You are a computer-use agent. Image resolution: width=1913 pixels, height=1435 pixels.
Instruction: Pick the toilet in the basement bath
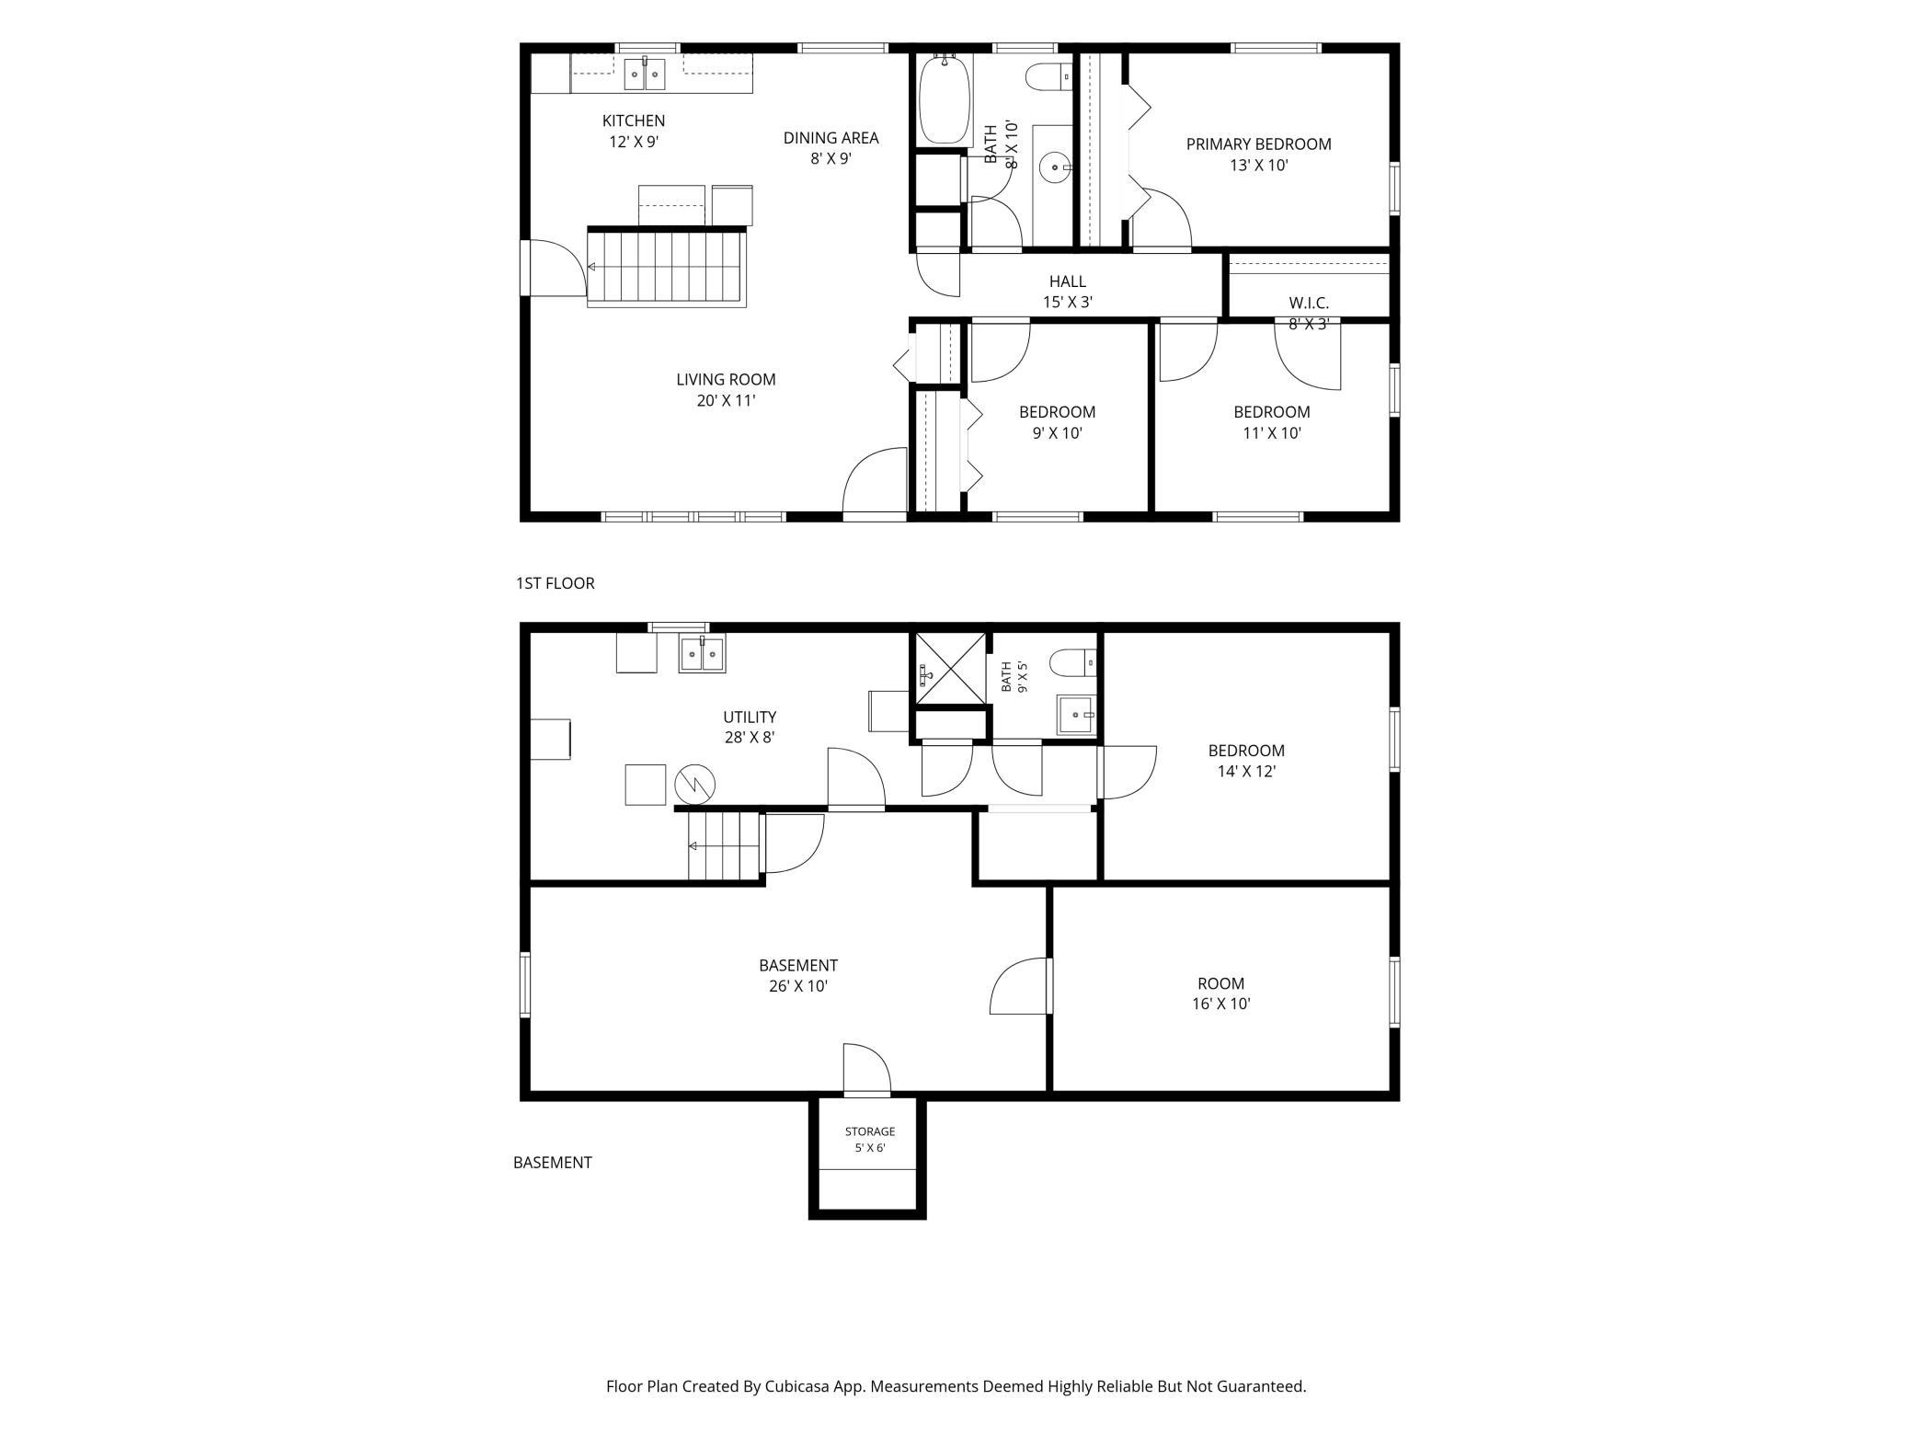tap(1073, 660)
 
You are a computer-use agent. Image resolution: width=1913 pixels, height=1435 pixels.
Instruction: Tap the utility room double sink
tap(703, 653)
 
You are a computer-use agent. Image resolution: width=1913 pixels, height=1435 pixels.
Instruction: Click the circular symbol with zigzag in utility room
tap(694, 785)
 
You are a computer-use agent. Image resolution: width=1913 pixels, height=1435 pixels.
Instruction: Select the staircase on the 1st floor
tap(666, 267)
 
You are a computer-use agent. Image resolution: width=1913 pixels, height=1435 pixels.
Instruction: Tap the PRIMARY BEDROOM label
tap(1258, 144)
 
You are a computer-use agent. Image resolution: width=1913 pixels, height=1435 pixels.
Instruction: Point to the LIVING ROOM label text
tap(726, 379)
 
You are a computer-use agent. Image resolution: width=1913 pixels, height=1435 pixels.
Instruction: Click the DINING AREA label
tap(830, 138)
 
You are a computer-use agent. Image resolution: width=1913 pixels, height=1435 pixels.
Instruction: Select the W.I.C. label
tap(1309, 303)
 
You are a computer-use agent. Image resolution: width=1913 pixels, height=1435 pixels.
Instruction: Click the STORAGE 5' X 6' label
tap(870, 1140)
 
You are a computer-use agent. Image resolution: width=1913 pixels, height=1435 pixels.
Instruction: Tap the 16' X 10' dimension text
tap(1221, 1004)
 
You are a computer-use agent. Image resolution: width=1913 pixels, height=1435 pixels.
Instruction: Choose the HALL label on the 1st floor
tap(1068, 281)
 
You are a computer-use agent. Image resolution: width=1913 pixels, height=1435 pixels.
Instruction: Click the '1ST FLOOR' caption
tap(556, 583)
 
